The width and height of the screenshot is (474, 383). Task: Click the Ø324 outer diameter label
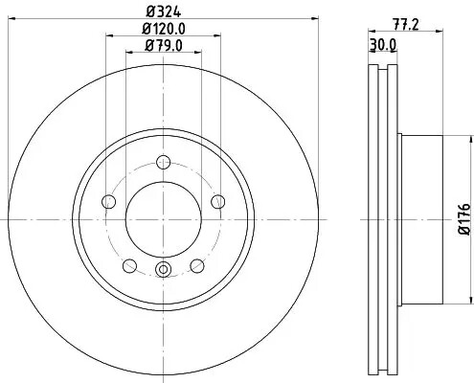click(163, 12)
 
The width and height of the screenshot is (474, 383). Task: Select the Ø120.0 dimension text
click(163, 29)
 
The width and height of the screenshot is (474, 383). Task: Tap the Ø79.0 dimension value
click(163, 45)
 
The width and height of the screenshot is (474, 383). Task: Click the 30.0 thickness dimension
click(384, 45)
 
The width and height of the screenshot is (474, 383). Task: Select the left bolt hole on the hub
click(107, 201)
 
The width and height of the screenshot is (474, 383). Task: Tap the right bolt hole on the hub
click(218, 200)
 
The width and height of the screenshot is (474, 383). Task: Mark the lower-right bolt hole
click(197, 265)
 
